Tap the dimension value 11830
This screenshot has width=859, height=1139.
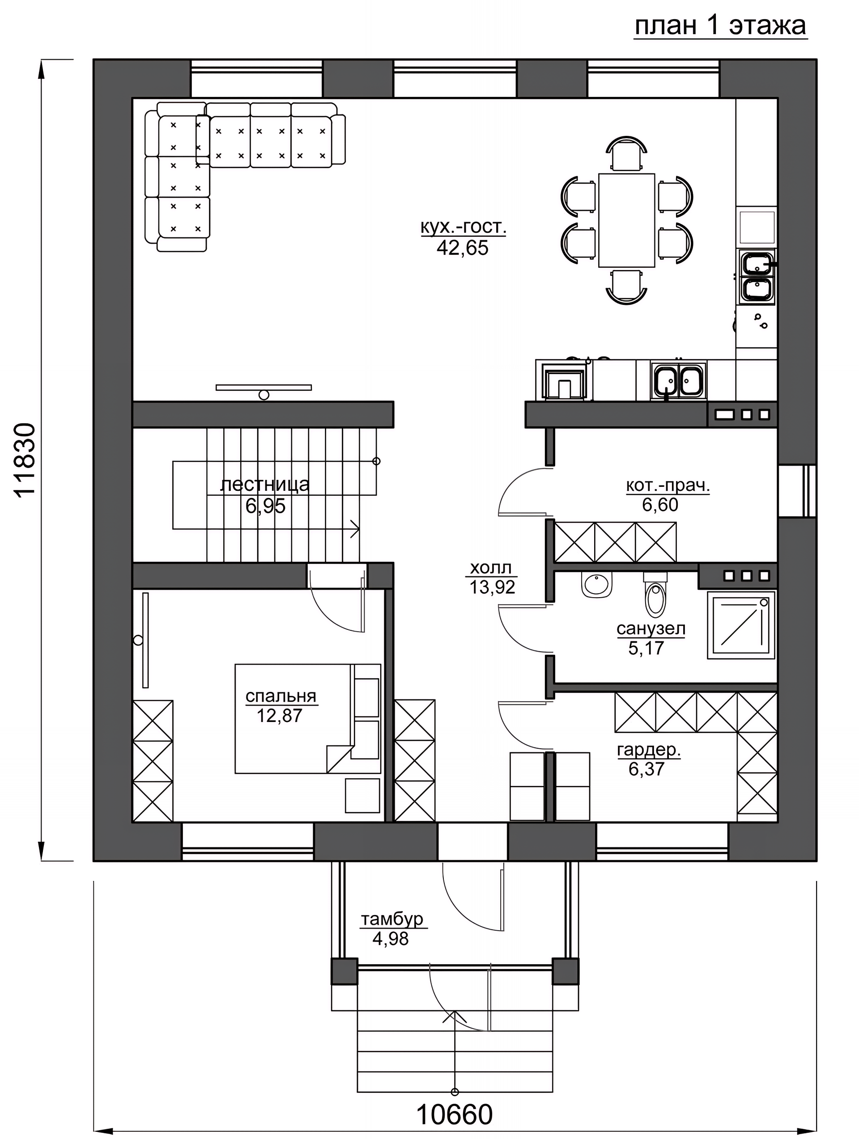(25, 460)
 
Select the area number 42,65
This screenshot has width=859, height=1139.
(462, 248)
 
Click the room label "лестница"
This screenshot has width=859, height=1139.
(265, 485)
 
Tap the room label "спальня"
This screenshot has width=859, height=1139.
(281, 696)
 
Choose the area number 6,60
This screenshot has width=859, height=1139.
(660, 505)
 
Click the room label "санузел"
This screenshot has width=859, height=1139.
(651, 628)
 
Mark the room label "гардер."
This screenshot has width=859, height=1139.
(649, 750)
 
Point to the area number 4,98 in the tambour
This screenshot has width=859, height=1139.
(391, 938)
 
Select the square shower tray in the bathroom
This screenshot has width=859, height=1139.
(741, 624)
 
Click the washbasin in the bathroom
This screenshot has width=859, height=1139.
(597, 584)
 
